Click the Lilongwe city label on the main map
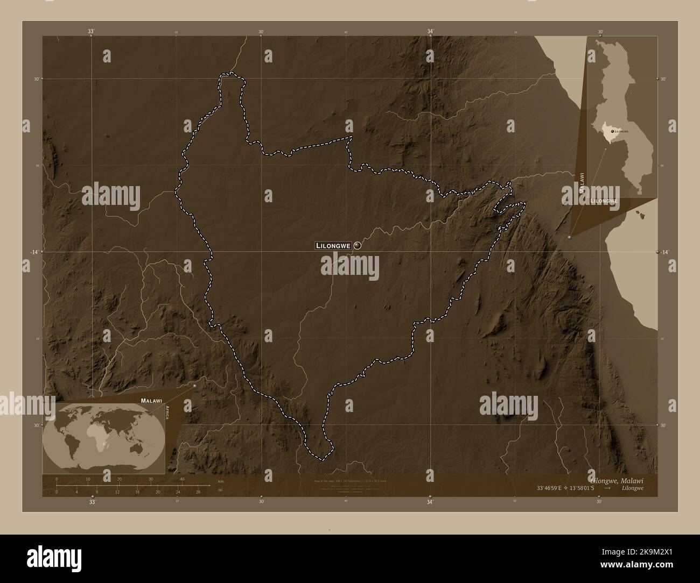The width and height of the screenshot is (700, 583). [x=333, y=246]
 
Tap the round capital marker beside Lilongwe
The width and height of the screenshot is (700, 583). [x=358, y=246]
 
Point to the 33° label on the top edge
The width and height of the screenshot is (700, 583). [x=92, y=32]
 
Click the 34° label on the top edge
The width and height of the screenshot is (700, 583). [x=430, y=32]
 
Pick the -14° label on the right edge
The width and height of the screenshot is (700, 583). [x=665, y=252]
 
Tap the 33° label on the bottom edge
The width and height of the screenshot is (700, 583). [x=92, y=502]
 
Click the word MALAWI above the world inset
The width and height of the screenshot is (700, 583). [x=151, y=401]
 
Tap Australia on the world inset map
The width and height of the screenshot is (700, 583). [x=142, y=445]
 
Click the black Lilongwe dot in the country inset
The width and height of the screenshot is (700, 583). [x=612, y=131]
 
